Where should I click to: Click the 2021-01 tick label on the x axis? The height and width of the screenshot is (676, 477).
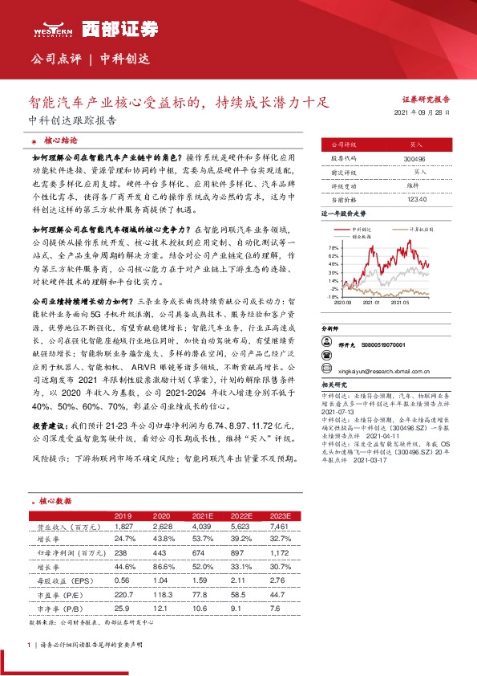[370, 302]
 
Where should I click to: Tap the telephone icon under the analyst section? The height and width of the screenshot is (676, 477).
[329, 344]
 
